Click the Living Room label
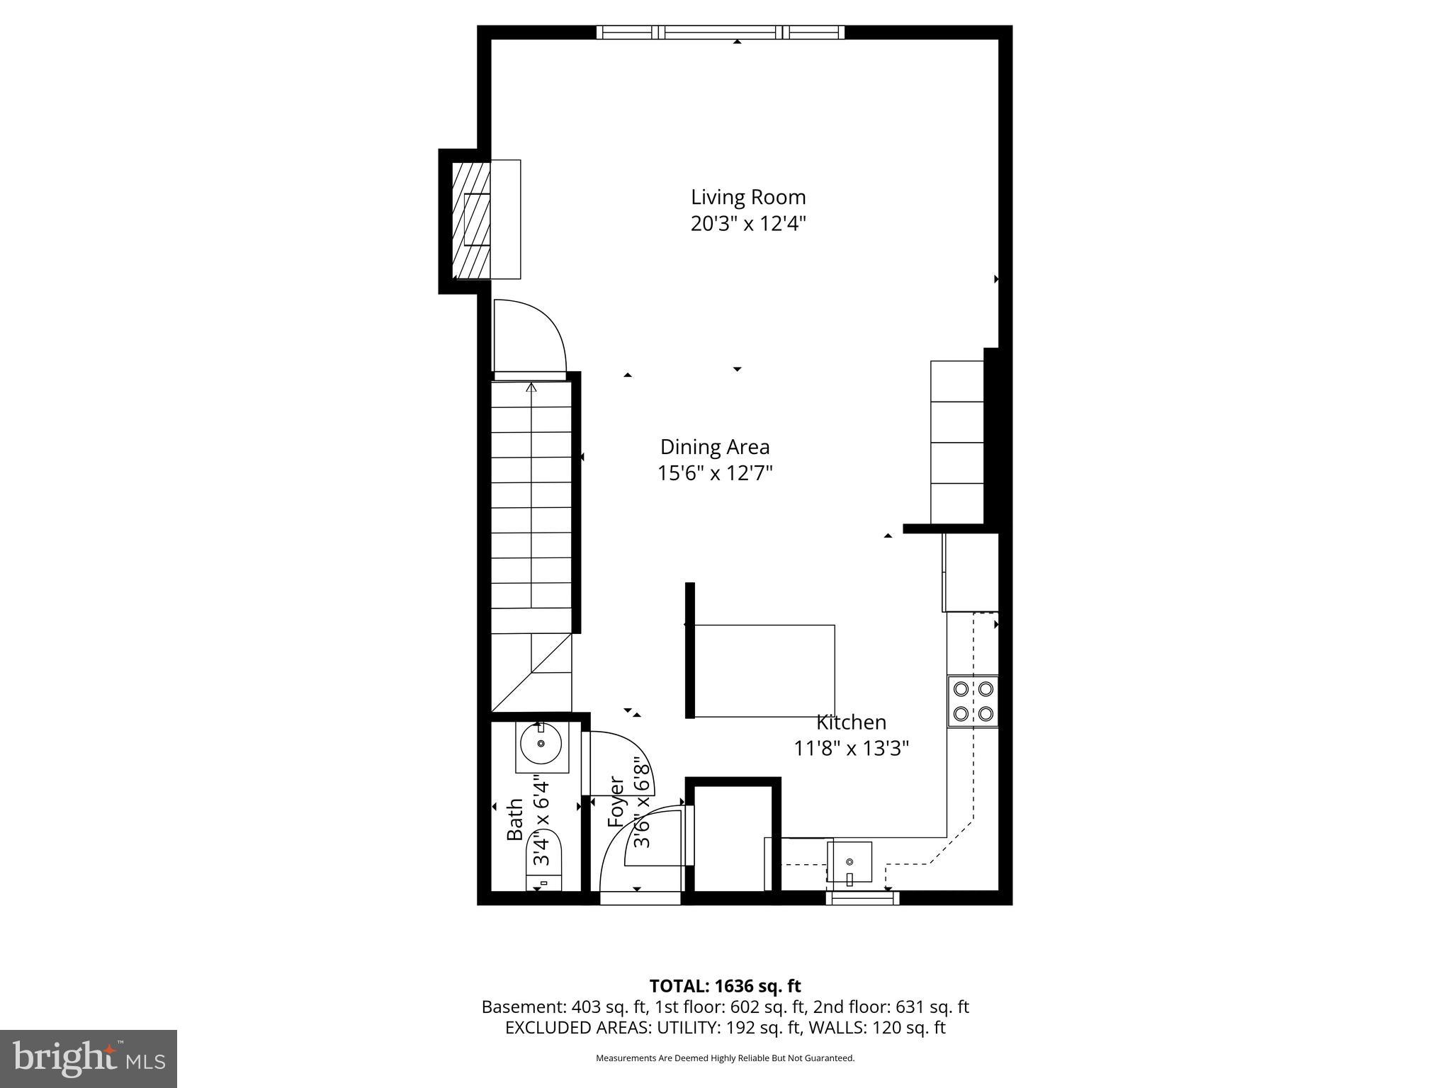[748, 197]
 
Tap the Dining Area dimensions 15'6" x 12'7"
[715, 473]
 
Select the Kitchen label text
[851, 722]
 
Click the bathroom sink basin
[541, 744]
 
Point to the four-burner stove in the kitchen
[973, 701]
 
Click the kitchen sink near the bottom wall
[849, 862]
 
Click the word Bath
[515, 820]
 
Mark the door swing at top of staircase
[529, 336]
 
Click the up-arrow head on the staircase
[531, 387]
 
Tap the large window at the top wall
[721, 32]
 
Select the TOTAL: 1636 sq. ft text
[725, 986]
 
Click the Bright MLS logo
[89, 1059]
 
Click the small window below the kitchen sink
[862, 898]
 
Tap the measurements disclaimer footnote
[725, 1058]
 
